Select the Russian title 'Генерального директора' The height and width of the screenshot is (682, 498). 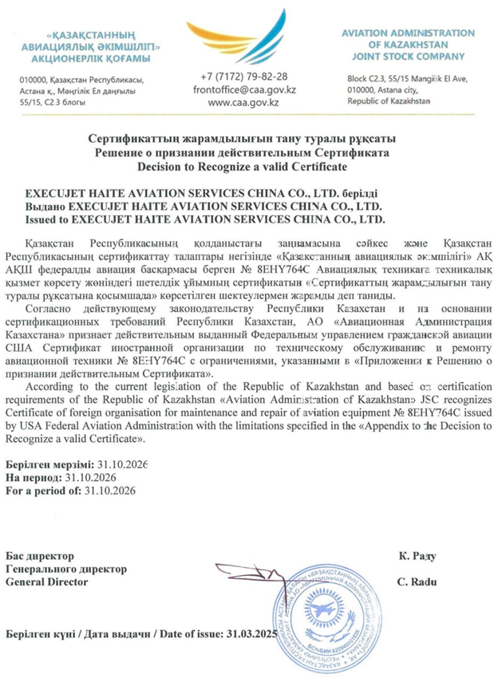coord(66,569)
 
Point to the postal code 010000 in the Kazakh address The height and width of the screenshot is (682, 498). coord(33,81)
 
